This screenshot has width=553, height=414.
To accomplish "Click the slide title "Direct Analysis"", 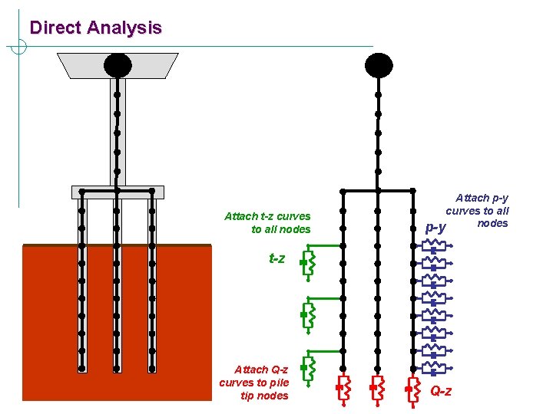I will pos(95,28).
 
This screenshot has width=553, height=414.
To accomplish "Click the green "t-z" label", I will pos(276,259).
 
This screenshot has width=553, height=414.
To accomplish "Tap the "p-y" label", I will pos(435,228).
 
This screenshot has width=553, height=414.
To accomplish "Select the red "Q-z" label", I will pos(441,392).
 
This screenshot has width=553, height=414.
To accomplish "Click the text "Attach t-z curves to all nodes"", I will pos(267,222).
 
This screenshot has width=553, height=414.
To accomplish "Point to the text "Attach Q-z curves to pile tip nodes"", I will pos(253,382).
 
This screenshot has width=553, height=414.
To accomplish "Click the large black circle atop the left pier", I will pos(118,65).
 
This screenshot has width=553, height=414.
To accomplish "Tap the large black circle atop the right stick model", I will pos(378,65).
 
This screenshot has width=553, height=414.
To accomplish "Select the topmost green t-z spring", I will pos(307,263).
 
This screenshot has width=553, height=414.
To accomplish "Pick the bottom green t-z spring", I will pos(307,368).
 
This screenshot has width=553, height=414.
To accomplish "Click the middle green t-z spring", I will pos(307,314).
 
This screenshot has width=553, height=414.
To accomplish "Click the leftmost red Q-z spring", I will pos(343,389).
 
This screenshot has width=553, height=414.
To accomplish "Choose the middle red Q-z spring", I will pos(377,389).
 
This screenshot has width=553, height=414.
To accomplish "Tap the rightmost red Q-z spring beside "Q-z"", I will pos(412,389).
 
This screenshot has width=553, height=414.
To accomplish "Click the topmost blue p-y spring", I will pos(434,246).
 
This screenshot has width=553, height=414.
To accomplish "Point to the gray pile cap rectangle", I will pos(117,192).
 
